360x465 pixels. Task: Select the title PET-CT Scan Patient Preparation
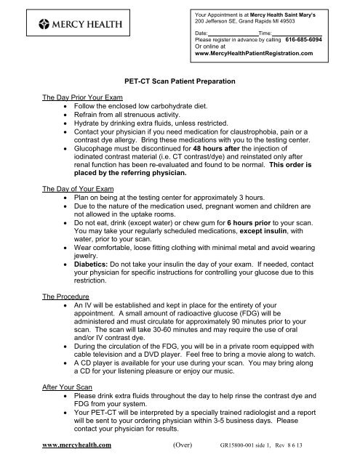180,84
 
